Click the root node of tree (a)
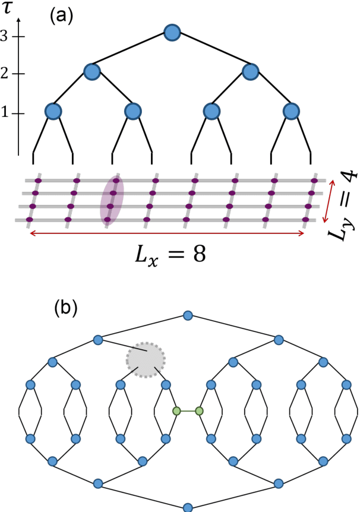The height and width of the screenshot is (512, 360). [171, 32]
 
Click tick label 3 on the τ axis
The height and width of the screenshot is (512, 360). [6, 36]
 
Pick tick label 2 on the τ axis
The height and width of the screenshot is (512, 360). [6, 74]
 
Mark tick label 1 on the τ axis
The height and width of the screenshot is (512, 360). [6, 113]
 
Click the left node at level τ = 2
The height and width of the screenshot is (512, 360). [92, 72]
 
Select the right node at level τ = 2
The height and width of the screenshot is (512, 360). [251, 72]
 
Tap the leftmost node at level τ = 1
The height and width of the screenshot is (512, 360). [53, 111]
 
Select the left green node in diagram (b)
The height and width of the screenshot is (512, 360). [176, 411]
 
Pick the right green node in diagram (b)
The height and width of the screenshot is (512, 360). [199, 411]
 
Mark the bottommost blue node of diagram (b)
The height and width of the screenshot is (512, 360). [188, 507]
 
